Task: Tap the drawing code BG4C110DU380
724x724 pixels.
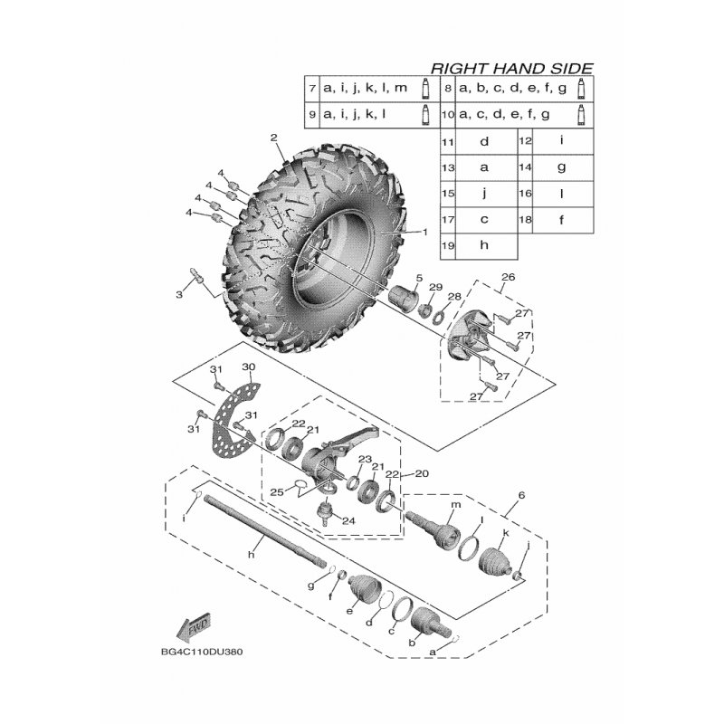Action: click(202, 652)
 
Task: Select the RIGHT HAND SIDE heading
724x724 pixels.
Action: click(511, 69)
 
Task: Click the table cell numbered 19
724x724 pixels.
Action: click(448, 245)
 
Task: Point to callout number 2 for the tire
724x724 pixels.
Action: click(274, 138)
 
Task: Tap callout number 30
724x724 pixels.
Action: click(248, 367)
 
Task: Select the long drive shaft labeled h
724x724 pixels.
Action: click(263, 532)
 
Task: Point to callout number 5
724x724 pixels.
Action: click(419, 278)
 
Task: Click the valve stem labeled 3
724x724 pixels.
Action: click(196, 274)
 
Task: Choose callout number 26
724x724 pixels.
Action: click(508, 277)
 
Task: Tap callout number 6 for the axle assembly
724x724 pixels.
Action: click(521, 495)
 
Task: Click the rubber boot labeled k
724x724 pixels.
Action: click(495, 561)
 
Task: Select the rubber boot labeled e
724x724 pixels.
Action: click(365, 590)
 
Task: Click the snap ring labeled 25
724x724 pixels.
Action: click(300, 483)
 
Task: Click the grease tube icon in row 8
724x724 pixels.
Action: click(581, 88)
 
